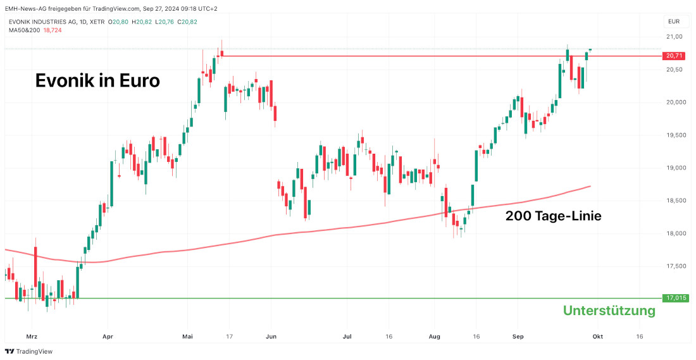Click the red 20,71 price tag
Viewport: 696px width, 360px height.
(674, 56)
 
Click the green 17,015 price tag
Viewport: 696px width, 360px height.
(674, 297)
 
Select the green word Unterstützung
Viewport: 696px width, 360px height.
(609, 311)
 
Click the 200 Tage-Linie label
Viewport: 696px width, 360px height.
(553, 216)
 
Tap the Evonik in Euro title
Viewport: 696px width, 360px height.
(97, 81)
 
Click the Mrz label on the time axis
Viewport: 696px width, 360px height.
(32, 337)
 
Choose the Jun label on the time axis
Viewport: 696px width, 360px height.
(272, 337)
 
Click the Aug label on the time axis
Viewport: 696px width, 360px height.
(434, 337)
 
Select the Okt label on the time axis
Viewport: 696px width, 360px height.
(597, 337)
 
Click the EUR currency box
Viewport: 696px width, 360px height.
(674, 21)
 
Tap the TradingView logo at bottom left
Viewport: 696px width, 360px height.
(29, 351)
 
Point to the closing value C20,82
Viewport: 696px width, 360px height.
(187, 22)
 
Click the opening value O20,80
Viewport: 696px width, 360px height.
(118, 22)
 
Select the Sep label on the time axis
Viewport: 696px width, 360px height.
(518, 337)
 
